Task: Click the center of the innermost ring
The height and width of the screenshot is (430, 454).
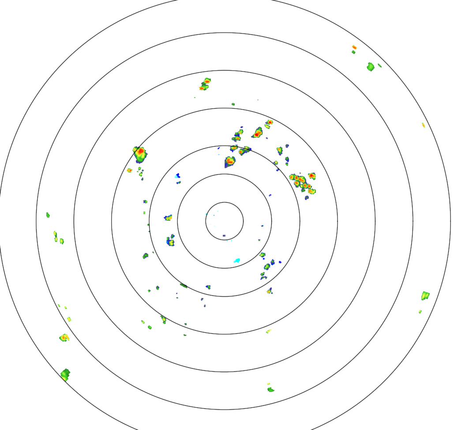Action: [x=224, y=221]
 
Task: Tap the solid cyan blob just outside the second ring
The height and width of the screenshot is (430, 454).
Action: [x=237, y=260]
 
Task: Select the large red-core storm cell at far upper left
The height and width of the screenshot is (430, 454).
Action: [x=140, y=153]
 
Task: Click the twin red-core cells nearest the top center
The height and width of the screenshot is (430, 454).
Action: [x=205, y=84]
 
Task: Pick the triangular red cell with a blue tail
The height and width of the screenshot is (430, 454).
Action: [x=229, y=162]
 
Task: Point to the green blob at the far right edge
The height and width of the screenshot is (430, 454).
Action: [x=425, y=295]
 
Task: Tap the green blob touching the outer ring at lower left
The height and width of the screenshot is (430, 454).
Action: [x=65, y=375]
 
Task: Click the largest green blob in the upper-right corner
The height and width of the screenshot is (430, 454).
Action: [x=371, y=67]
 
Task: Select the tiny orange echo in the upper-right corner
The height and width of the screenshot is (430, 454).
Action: [x=354, y=47]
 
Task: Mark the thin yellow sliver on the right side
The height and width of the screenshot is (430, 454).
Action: [x=423, y=125]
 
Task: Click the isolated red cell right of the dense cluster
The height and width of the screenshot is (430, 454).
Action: [x=312, y=176]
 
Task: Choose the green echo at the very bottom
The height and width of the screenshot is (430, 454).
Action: [x=270, y=389]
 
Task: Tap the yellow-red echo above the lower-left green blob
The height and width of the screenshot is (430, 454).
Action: [x=64, y=338]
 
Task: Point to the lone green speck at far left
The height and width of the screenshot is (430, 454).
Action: [x=48, y=215]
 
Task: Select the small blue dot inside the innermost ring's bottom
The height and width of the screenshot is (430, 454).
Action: [x=224, y=235]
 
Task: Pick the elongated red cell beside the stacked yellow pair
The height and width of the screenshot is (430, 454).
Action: [x=258, y=132]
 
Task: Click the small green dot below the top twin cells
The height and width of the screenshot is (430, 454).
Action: [x=233, y=104]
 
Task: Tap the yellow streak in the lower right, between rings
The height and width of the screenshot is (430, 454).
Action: [x=268, y=331]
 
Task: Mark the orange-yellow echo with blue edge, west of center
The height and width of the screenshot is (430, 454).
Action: [x=168, y=217]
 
